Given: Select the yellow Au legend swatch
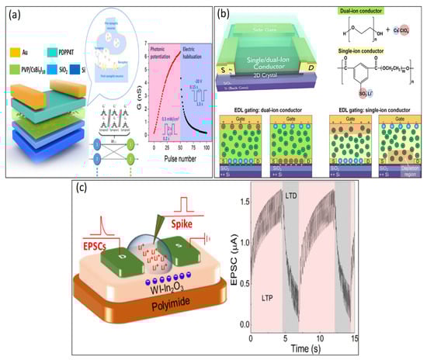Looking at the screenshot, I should click(16, 53).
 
